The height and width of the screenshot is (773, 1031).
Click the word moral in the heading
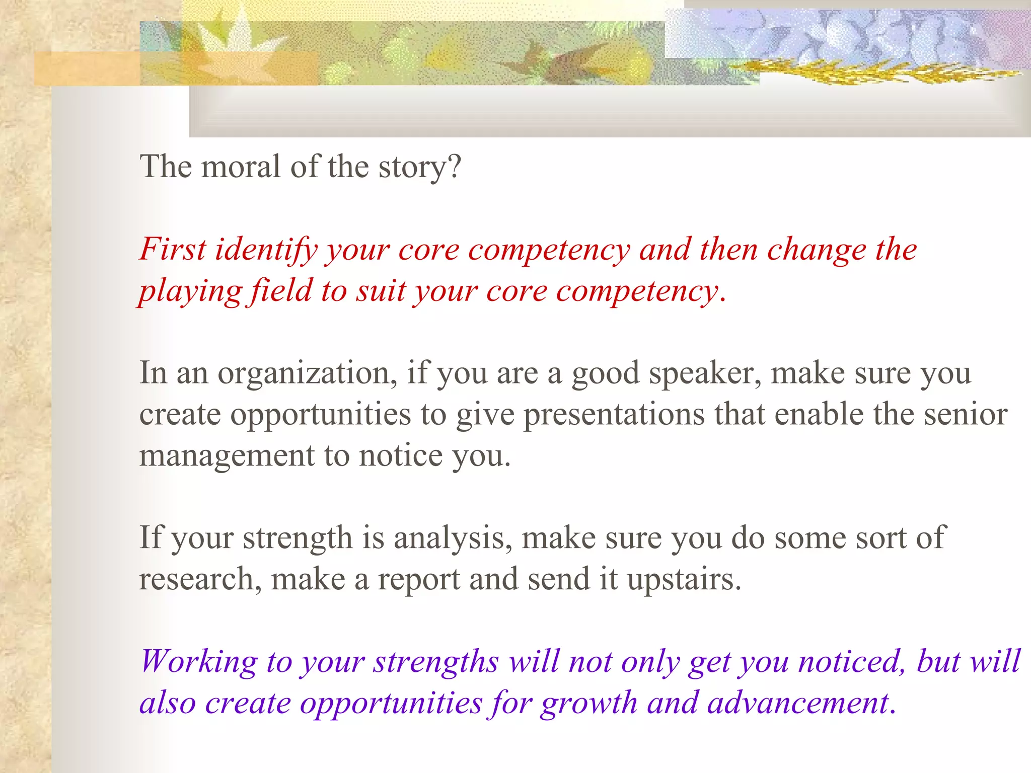pos(241,167)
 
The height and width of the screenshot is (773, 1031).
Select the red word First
pos(173,249)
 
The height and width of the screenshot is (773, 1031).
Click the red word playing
pos(191,292)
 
